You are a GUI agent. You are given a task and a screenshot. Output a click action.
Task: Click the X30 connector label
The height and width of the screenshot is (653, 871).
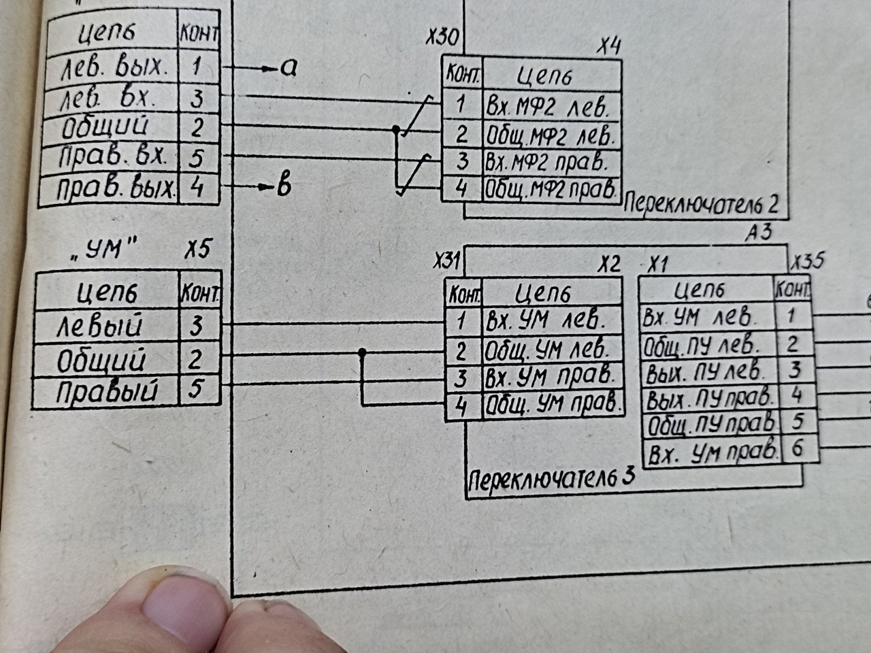[x=442, y=37]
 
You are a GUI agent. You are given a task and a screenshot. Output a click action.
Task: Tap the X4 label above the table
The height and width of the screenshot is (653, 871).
[x=609, y=48]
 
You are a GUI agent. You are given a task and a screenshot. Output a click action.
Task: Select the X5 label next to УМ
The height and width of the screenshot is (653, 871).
[x=197, y=249]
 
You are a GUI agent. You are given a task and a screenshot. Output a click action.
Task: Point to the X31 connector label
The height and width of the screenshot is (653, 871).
[x=447, y=262]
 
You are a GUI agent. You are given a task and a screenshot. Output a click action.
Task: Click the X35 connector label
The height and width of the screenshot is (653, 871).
[x=807, y=261]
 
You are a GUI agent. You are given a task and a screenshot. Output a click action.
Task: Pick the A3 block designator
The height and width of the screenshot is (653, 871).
[x=758, y=233]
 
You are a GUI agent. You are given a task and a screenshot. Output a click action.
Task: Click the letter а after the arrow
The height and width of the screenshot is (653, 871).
[x=289, y=68]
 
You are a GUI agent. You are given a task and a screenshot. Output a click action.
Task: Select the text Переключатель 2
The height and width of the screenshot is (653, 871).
[x=701, y=205]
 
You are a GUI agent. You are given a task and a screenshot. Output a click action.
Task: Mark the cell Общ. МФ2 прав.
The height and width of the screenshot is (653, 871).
[x=551, y=190]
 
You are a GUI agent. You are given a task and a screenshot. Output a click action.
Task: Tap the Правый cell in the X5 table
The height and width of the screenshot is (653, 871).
[x=107, y=391]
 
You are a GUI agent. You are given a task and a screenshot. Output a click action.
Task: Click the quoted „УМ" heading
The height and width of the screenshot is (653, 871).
[x=103, y=250]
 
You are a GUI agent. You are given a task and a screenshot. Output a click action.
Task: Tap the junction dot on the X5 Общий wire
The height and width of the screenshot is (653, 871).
[x=362, y=352]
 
